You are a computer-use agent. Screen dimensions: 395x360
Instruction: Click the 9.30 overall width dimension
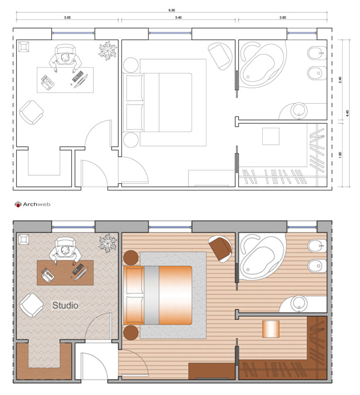[172, 10]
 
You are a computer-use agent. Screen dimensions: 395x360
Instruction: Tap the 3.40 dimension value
[178, 17]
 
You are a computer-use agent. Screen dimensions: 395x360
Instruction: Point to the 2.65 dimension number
[282, 17]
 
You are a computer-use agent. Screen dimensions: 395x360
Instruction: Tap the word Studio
[65, 306]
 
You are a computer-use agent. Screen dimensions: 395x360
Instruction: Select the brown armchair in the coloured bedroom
[220, 249]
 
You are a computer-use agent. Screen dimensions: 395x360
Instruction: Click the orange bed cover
[175, 295]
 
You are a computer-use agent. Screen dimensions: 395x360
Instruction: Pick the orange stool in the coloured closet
[271, 329]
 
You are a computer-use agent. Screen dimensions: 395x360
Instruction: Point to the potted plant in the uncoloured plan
[108, 50]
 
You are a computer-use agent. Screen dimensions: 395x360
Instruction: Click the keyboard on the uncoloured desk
[77, 76]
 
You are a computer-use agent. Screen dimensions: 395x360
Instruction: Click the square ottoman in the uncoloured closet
[271, 136]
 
